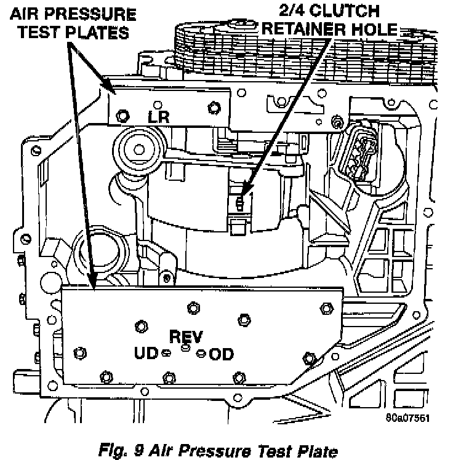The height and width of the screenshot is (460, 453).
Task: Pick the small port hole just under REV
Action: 185,347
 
